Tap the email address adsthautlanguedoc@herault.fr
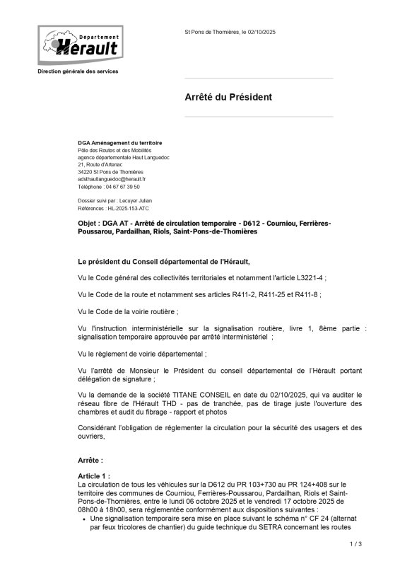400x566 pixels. point(111,180)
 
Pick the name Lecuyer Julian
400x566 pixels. point(134,201)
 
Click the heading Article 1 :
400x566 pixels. point(94,477)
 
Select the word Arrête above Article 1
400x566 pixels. point(90,460)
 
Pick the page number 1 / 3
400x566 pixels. point(355,544)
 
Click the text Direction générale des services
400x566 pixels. point(78,71)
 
